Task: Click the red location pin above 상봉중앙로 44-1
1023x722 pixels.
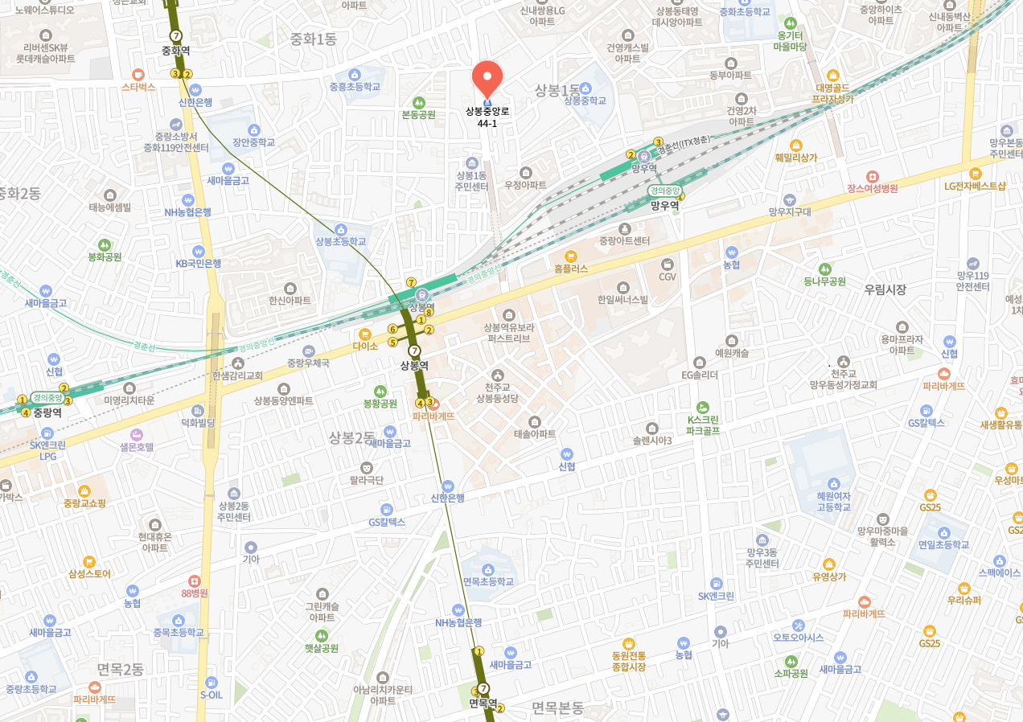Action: (487, 79)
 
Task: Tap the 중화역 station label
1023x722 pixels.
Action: (175, 50)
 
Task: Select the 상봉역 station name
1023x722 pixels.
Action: (414, 365)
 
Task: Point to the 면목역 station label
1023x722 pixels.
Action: (483, 703)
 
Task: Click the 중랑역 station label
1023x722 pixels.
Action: (47, 412)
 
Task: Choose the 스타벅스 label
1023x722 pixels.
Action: (138, 86)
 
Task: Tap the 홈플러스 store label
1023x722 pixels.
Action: (571, 269)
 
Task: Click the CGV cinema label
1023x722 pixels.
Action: (668, 277)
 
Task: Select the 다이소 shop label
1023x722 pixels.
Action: (364, 346)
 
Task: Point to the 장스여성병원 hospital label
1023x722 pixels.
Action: (872, 188)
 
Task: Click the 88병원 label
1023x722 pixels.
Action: (194, 593)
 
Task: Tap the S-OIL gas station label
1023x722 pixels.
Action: (211, 695)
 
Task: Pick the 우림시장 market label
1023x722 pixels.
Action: (885, 289)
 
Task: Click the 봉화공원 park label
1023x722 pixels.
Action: (105, 257)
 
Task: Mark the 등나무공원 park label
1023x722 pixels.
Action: (824, 281)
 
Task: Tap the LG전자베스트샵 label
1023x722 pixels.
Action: (975, 186)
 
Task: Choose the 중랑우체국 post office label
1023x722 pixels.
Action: (308, 363)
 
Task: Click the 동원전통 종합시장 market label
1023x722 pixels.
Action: (629, 661)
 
